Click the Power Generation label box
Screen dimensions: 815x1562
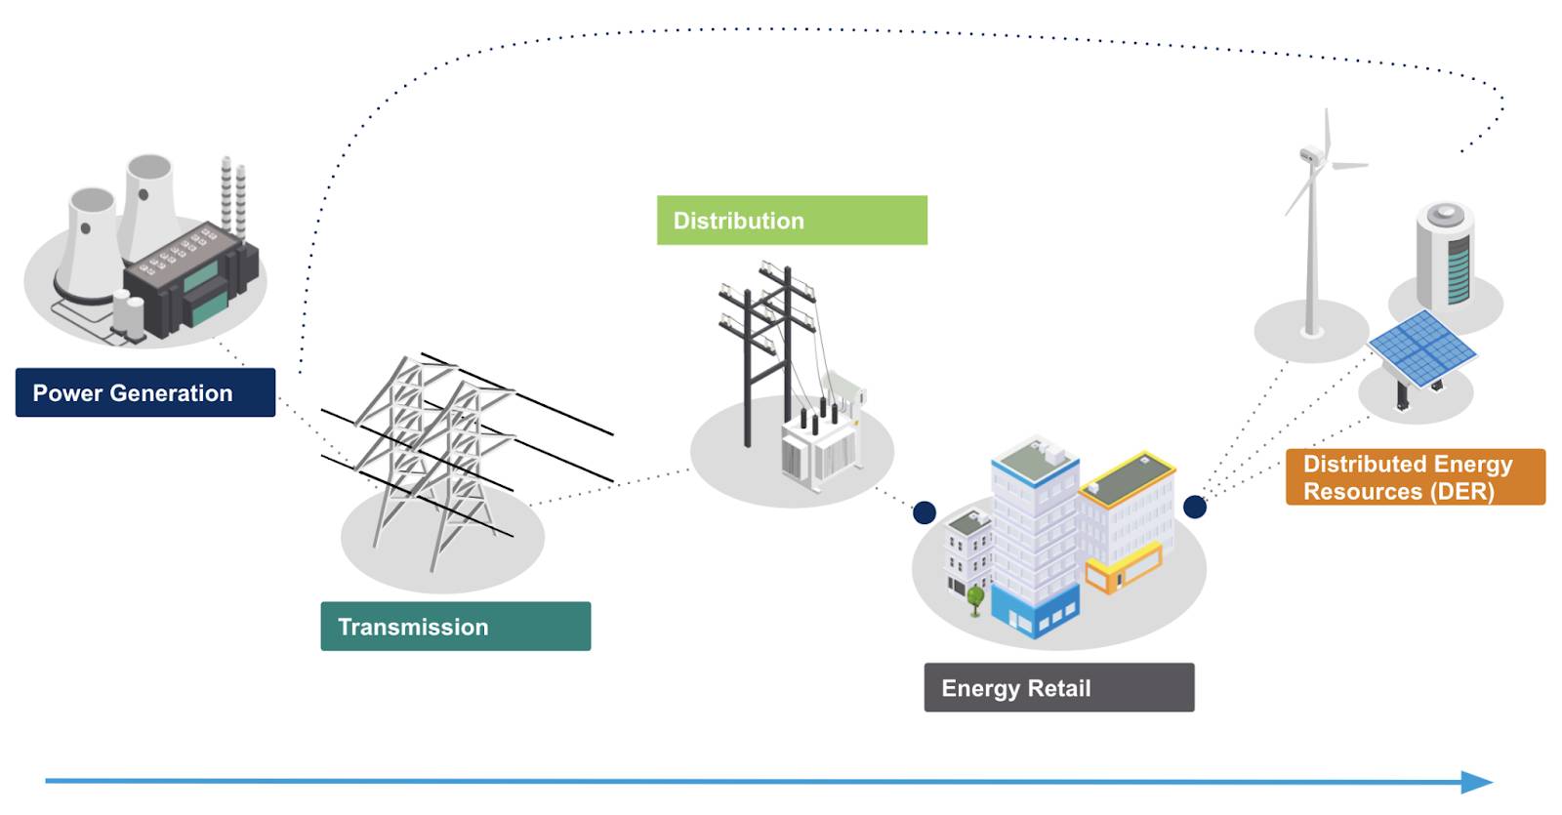pos(145,392)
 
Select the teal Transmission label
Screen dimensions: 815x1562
pos(455,627)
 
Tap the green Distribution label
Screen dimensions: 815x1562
pos(792,221)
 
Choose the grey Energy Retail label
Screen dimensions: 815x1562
pos(1058,688)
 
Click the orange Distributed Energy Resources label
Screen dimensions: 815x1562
pos(1415,477)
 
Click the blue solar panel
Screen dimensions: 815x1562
pos(1421,346)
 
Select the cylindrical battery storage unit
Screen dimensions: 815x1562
pos(1446,256)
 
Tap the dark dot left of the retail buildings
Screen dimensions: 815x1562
pos(924,512)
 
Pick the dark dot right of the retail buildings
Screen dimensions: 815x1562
pos(1194,507)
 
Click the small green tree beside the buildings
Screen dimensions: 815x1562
pos(975,596)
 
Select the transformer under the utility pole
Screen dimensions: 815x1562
pos(819,445)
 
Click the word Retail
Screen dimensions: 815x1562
pos(1058,689)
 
